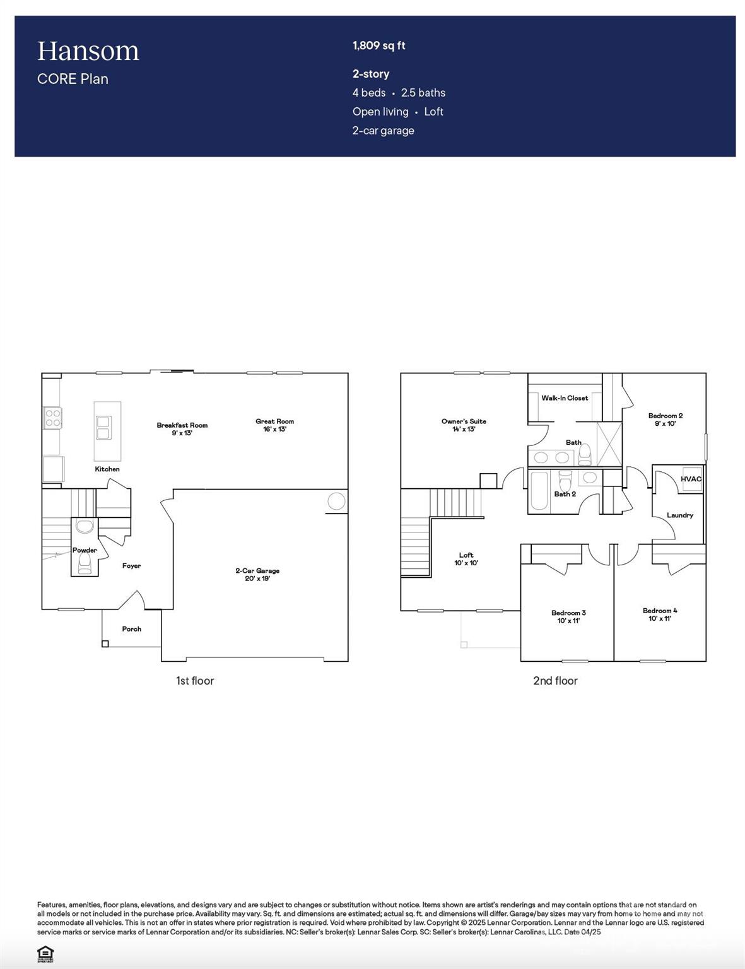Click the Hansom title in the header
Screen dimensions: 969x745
point(88,51)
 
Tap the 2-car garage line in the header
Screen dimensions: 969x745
point(383,131)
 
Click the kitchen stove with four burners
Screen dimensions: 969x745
point(52,418)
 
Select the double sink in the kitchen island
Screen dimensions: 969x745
point(103,428)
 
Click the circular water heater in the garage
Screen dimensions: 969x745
point(336,502)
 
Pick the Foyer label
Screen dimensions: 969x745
point(131,566)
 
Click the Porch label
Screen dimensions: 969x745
point(131,629)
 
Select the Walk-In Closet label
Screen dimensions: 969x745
point(565,398)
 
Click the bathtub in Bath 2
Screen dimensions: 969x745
point(539,491)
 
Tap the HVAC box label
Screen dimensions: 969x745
point(691,479)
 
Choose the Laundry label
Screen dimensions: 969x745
point(680,515)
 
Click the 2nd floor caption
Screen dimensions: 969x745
point(555,681)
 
